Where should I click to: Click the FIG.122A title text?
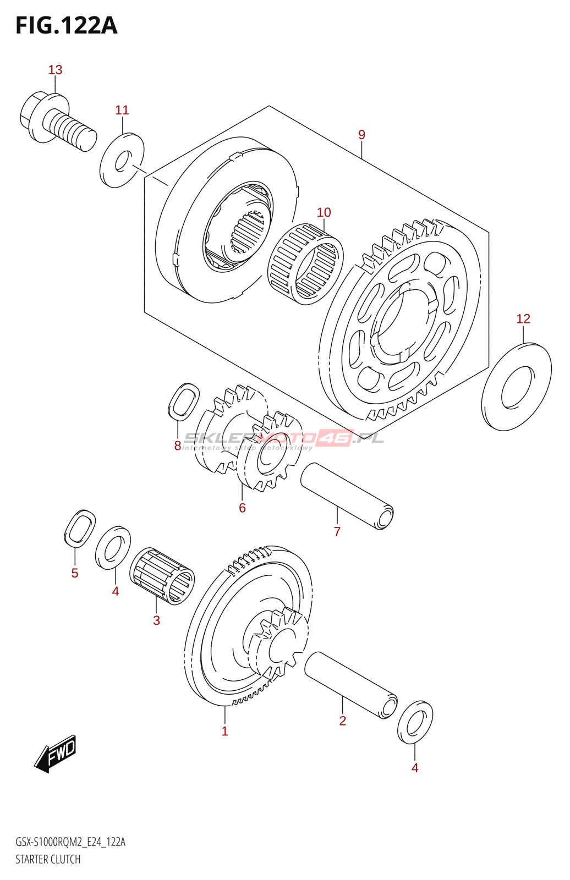(66, 26)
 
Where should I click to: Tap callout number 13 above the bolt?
(55, 70)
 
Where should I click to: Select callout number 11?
(122, 110)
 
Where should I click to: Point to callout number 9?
(361, 135)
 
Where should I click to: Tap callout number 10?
(324, 212)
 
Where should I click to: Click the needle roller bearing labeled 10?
(306, 264)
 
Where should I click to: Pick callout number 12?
(523, 318)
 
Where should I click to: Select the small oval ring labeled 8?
(183, 401)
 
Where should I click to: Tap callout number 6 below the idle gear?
(242, 508)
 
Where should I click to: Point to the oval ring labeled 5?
(80, 528)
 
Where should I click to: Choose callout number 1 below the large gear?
(224, 731)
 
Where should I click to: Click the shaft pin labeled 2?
(351, 685)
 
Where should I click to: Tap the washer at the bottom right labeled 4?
(415, 722)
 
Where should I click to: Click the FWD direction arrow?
(56, 752)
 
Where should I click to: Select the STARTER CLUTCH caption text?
(48, 859)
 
